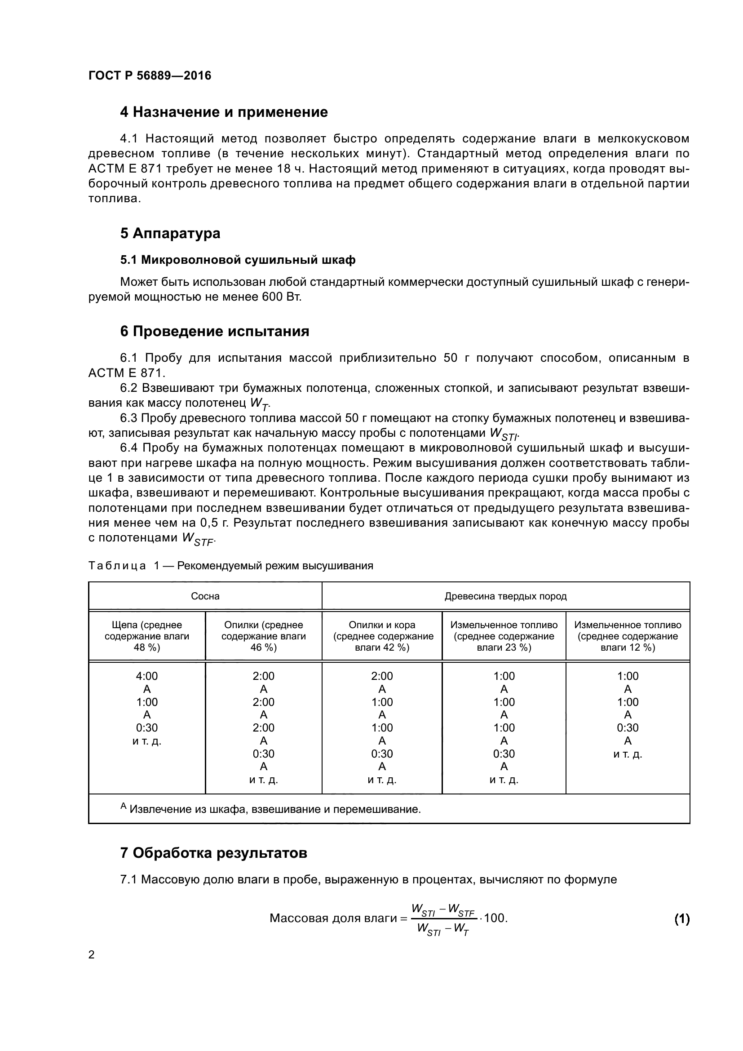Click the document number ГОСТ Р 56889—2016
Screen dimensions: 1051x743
[150, 75]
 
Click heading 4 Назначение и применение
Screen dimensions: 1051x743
[224, 112]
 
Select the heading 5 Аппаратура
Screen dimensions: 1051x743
[170, 233]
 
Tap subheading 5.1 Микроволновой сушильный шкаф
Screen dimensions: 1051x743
[238, 260]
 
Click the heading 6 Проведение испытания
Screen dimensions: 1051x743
[215, 332]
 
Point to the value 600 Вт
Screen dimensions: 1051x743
[281, 297]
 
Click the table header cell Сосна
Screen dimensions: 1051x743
[205, 596]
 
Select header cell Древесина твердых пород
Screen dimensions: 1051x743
[505, 596]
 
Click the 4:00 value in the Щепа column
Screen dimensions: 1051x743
[146, 676]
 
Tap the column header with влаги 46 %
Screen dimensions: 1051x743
[264, 636]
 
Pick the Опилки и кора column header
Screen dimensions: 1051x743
[382, 636]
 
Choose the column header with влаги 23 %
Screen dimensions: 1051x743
[504, 636]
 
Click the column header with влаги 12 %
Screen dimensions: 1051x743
[628, 636]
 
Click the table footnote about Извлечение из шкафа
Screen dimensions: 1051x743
[270, 809]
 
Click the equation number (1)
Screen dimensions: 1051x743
[682, 919]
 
